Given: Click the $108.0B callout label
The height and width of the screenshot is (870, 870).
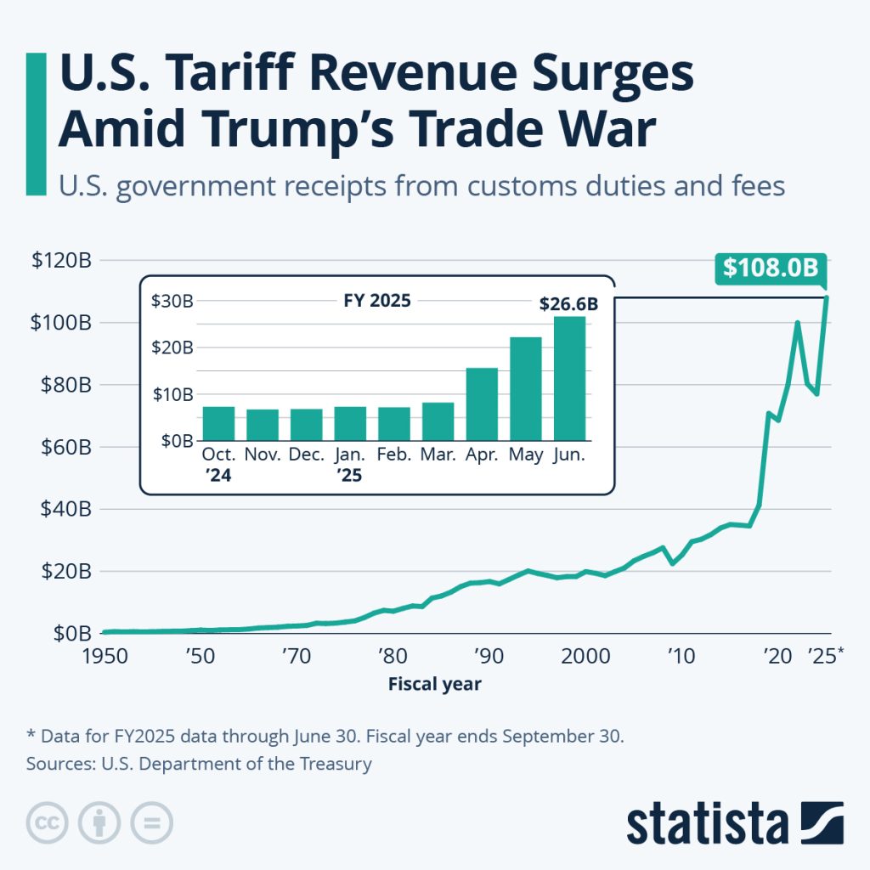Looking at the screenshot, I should (770, 268).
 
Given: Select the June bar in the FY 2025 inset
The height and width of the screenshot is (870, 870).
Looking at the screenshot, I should (569, 379).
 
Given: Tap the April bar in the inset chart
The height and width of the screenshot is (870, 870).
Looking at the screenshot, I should (482, 404).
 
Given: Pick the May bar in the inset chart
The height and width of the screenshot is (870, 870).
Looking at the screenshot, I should (525, 389).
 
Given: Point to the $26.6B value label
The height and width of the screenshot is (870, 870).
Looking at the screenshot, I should (568, 303).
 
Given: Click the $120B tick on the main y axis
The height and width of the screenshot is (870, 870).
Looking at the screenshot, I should (61, 261).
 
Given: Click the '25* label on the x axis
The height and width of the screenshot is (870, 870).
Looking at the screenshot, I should (823, 656).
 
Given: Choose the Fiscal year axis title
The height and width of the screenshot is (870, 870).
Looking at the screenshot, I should (434, 684).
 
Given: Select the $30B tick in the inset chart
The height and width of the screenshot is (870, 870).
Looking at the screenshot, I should (172, 301).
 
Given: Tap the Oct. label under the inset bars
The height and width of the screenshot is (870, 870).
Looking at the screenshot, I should (218, 455).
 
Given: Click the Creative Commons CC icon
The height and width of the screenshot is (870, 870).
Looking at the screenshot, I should (47, 822).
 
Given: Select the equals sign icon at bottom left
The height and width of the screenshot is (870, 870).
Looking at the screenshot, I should (151, 822).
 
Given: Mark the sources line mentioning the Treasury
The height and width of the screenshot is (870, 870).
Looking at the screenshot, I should (199, 764).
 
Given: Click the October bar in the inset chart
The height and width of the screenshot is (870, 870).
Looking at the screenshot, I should (218, 424).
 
